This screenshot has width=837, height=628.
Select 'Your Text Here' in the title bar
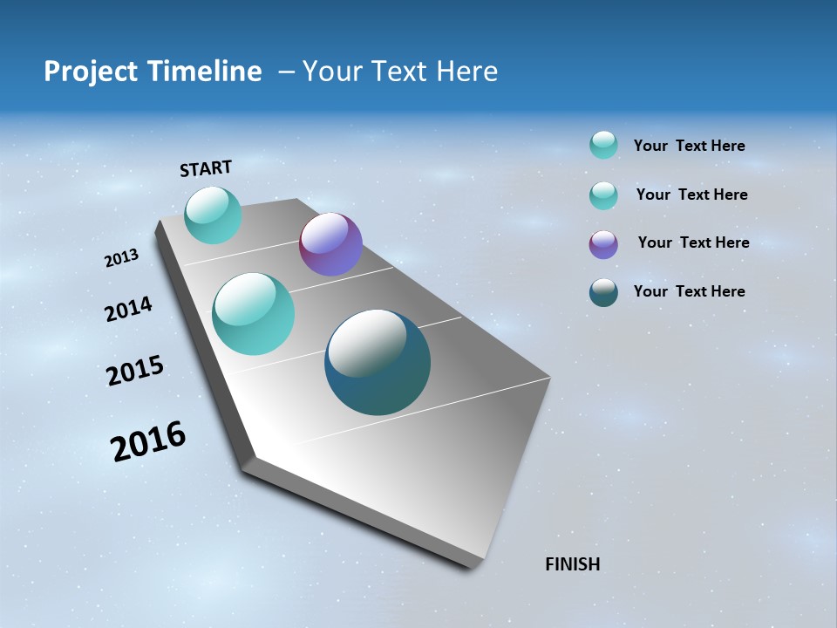400,72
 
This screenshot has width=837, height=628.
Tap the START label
206,167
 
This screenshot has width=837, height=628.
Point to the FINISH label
572,564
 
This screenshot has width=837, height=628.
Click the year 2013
121,257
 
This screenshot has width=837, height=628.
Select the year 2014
128,309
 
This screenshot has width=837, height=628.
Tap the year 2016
147,441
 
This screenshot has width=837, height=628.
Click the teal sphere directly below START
213,215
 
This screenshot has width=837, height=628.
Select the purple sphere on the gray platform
330,244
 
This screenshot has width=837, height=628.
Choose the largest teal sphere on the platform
254,314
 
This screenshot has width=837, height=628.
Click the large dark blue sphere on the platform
378,362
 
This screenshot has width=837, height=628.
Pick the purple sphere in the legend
603,244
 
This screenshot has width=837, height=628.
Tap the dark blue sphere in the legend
603,292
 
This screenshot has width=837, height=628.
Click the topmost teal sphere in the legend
603,145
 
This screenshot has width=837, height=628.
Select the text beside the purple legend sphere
693,242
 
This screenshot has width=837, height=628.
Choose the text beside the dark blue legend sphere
689,291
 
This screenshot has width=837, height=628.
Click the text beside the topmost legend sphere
689,146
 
